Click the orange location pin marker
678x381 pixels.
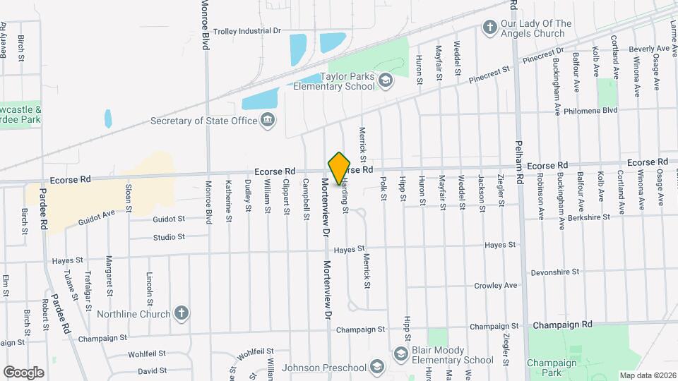click(x=340, y=169)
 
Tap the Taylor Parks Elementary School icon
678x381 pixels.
click(x=386, y=82)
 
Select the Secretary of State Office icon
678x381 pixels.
click(x=268, y=121)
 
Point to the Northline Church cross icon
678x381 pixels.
click(x=181, y=314)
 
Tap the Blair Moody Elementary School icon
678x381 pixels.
click(x=400, y=353)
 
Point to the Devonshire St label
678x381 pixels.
click(x=554, y=271)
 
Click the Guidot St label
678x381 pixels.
click(x=168, y=219)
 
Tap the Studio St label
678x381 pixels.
click(x=169, y=237)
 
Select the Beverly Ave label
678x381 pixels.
click(x=649, y=49)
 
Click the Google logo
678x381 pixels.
click(x=23, y=372)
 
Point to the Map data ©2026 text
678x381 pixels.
click(x=647, y=375)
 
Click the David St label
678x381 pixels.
click(x=152, y=370)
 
